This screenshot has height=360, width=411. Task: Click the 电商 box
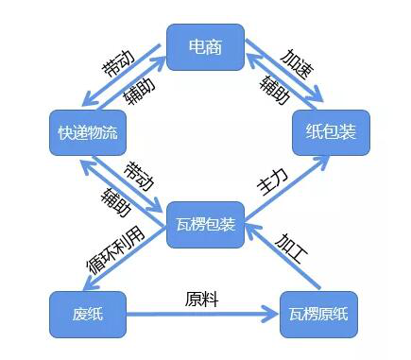point(205,46)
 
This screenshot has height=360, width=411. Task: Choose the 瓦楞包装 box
point(205,225)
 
